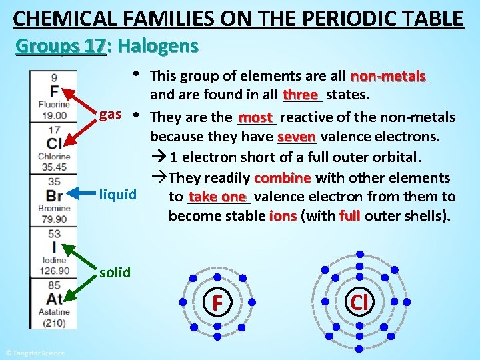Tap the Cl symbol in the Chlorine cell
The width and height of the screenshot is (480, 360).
(x=54, y=144)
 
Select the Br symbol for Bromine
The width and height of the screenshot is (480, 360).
(x=54, y=195)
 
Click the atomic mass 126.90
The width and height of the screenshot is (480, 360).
(x=54, y=270)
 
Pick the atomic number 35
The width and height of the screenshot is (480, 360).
(x=54, y=181)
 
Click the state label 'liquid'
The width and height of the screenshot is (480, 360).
(x=117, y=195)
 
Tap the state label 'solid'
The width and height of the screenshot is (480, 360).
(x=115, y=272)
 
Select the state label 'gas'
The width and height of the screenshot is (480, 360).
(x=110, y=114)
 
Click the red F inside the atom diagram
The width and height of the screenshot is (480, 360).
(x=217, y=303)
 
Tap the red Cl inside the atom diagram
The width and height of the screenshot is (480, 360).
(x=359, y=301)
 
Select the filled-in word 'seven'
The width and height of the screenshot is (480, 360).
(x=297, y=137)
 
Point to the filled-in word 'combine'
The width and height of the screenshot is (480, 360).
(x=282, y=178)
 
